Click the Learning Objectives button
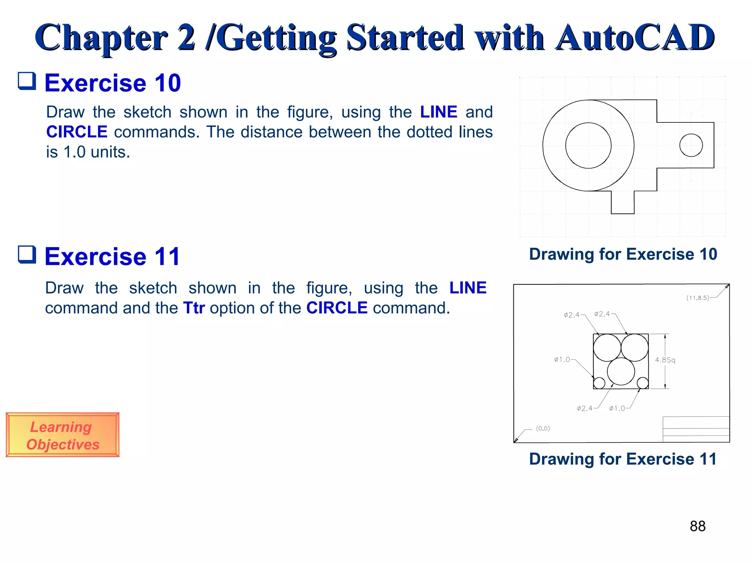coord(62,435)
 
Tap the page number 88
coord(697,526)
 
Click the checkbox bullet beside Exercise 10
coord(27,81)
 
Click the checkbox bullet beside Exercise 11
coord(27,255)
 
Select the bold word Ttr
coord(194,308)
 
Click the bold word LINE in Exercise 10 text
coord(438,112)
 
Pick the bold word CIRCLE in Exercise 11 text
coord(337,308)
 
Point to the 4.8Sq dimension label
coord(665,360)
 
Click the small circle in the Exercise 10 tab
coord(691,146)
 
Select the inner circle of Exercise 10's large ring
coord(588,146)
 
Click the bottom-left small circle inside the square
coord(599,383)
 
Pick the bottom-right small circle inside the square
coord(642,383)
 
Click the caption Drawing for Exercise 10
coord(623,254)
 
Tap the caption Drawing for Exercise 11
coord(623,459)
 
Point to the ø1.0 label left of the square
coord(562,360)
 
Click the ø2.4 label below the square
coord(585,408)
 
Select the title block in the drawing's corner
coord(696,429)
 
